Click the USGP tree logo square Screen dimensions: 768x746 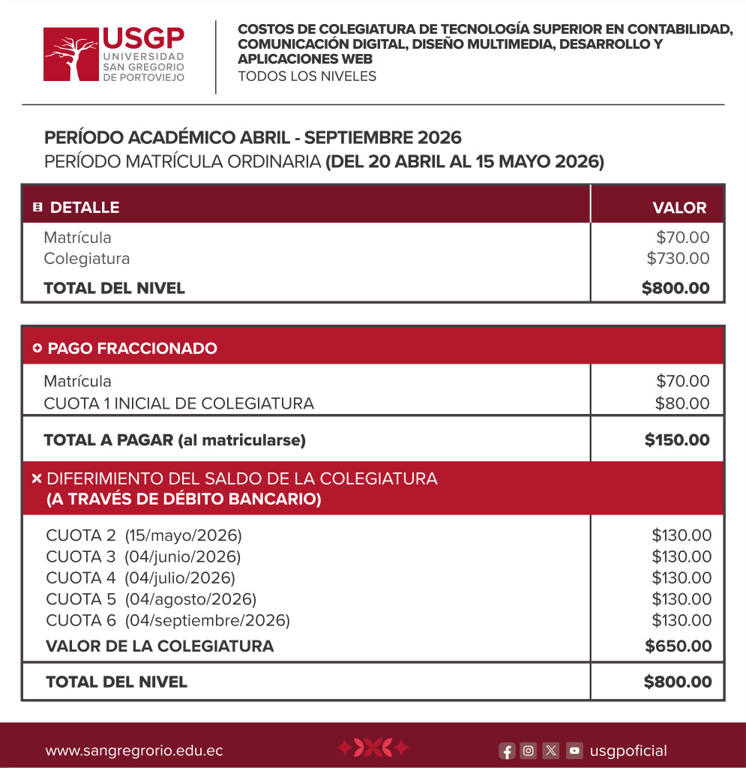71,54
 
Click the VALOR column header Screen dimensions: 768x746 679,208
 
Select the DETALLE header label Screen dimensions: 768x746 84,208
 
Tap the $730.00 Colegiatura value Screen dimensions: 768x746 678,259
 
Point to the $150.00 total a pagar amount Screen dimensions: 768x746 677,440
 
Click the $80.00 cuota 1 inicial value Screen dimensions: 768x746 682,403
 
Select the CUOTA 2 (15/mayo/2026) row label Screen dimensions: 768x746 144,536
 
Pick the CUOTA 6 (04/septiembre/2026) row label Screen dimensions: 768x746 168,620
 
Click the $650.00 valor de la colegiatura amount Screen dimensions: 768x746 678,646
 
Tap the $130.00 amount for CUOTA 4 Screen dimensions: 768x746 682,578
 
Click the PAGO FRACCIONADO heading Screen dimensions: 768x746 132,349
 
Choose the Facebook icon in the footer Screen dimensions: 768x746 508,751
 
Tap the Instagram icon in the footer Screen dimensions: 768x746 529,751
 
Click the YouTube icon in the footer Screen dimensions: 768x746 574,751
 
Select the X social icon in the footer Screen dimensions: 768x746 551,751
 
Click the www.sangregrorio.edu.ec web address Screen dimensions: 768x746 134,751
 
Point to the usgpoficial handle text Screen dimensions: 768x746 628,751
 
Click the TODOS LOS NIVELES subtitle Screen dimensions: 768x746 307,76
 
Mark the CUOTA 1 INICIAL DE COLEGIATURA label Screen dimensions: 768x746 178,403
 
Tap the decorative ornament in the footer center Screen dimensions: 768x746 373,748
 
